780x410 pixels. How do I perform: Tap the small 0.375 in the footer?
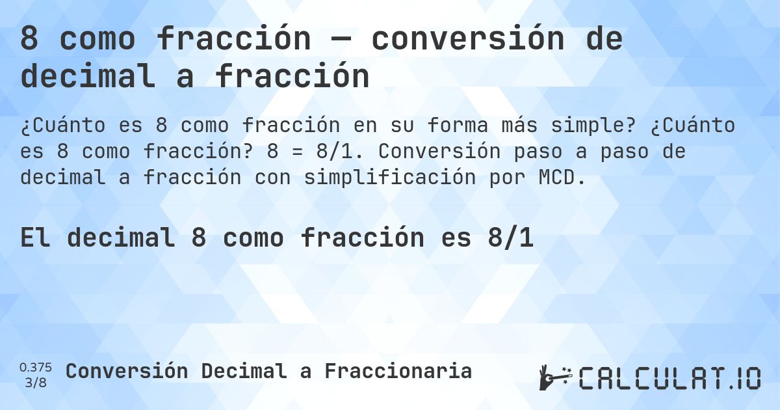[36, 366]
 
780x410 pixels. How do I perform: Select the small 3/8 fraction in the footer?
[36, 382]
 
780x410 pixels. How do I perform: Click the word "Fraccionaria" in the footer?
[398, 371]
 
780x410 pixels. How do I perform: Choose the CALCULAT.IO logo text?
[669, 378]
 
